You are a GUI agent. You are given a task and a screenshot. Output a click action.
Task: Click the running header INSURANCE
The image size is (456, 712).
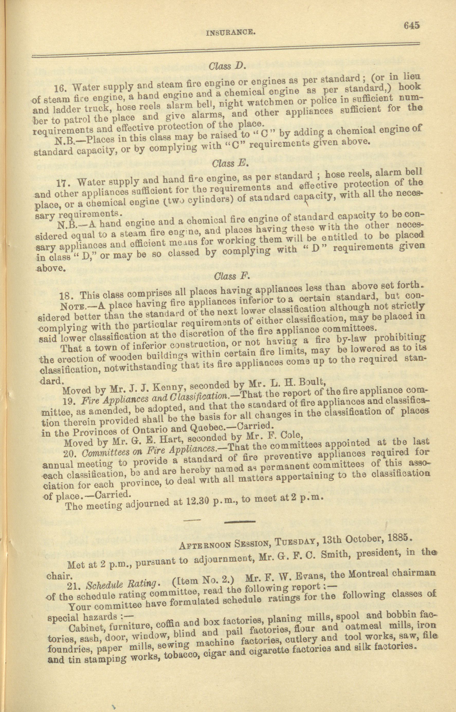[x=230, y=32]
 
